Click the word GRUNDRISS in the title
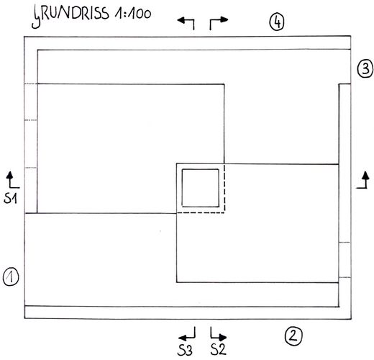point(70,16)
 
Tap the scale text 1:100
point(133,14)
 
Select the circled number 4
point(277,22)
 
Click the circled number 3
point(365,69)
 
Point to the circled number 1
point(11,277)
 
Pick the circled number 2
point(293,336)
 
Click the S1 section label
point(11,199)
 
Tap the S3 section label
point(185,350)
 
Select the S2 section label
point(219,349)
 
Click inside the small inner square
point(200,188)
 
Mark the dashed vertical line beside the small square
point(224,188)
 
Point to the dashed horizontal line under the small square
point(201,212)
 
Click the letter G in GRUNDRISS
point(37,17)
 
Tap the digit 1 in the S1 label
point(14,199)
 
